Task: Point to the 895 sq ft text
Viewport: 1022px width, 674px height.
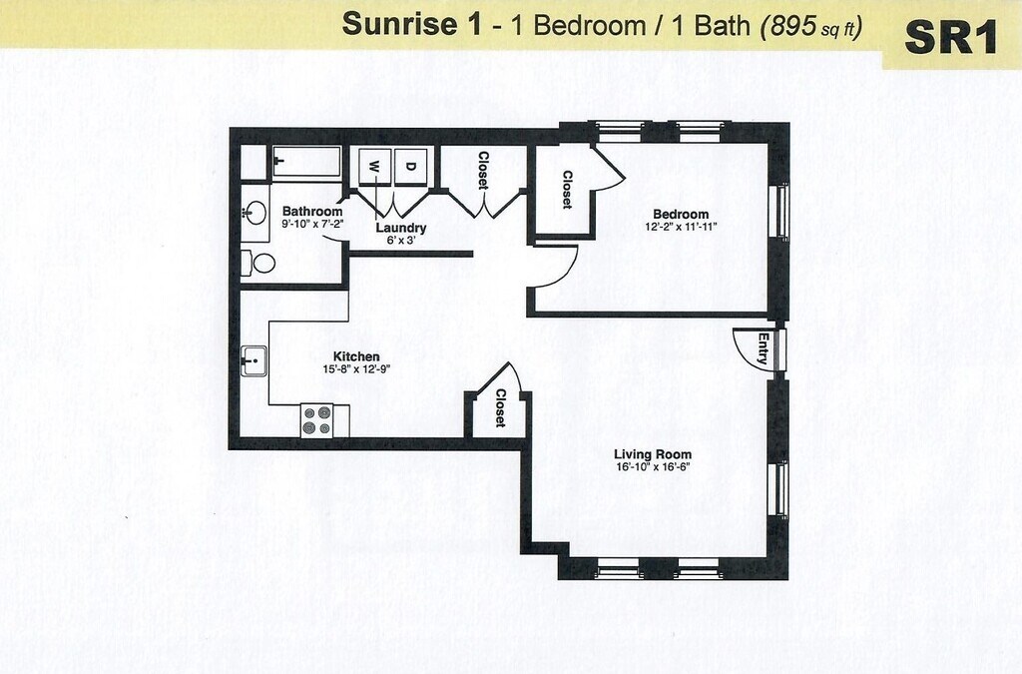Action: pyautogui.click(x=811, y=27)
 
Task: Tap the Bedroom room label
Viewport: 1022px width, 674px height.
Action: pyautogui.click(x=681, y=214)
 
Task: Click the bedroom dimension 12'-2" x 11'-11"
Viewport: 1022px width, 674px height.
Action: pyautogui.click(x=681, y=227)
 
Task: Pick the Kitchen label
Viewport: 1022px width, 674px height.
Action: pyautogui.click(x=356, y=356)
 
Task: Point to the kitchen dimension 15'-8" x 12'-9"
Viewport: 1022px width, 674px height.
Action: pyautogui.click(x=356, y=369)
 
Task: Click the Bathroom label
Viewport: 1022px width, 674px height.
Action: pyautogui.click(x=312, y=212)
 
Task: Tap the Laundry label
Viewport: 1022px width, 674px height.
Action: pyautogui.click(x=400, y=228)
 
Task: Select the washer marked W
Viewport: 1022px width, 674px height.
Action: pyautogui.click(x=375, y=165)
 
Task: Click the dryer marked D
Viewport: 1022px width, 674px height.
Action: pyautogui.click(x=410, y=165)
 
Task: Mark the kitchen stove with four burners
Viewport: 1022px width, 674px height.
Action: pyautogui.click(x=317, y=419)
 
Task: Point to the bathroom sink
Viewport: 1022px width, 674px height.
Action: pyautogui.click(x=255, y=213)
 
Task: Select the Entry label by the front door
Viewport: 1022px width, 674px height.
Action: pyautogui.click(x=764, y=348)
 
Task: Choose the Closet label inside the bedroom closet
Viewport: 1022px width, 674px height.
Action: pyautogui.click(x=566, y=190)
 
